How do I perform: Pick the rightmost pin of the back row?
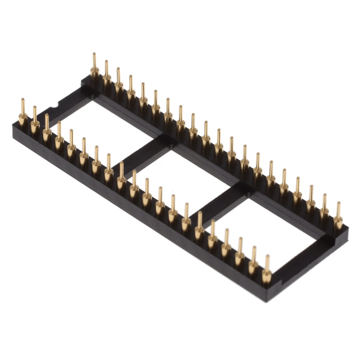point(338,217)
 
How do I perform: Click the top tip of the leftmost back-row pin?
point(94,55)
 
